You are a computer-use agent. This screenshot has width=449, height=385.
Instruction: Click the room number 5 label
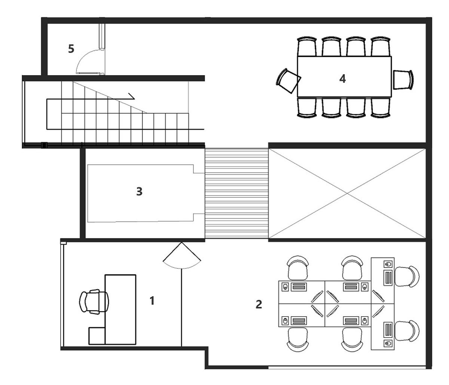[x=71, y=49]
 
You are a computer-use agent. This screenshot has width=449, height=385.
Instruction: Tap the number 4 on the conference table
[x=342, y=78]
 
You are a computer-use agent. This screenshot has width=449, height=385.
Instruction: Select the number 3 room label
[x=139, y=191]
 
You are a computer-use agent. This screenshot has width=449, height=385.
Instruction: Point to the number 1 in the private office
[x=152, y=301]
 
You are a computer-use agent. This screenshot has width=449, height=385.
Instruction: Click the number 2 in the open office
[x=259, y=304]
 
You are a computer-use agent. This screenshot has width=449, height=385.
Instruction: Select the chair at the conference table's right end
[x=403, y=80]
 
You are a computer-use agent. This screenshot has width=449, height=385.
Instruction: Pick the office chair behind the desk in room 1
[x=94, y=302]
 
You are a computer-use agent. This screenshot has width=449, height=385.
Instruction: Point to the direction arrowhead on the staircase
[x=131, y=96]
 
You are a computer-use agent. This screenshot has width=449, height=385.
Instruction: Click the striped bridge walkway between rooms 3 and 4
[x=236, y=194]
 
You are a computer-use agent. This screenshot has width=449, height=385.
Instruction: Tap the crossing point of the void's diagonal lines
[x=347, y=193]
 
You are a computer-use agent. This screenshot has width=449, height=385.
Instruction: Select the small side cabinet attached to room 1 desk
[x=97, y=336]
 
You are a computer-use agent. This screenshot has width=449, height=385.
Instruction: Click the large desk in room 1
[x=120, y=309]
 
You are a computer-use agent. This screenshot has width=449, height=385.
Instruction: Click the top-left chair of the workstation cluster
[x=297, y=268]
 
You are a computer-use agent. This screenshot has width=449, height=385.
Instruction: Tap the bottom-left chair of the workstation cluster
[x=297, y=339]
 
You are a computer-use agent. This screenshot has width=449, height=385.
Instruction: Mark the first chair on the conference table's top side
[x=306, y=46]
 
